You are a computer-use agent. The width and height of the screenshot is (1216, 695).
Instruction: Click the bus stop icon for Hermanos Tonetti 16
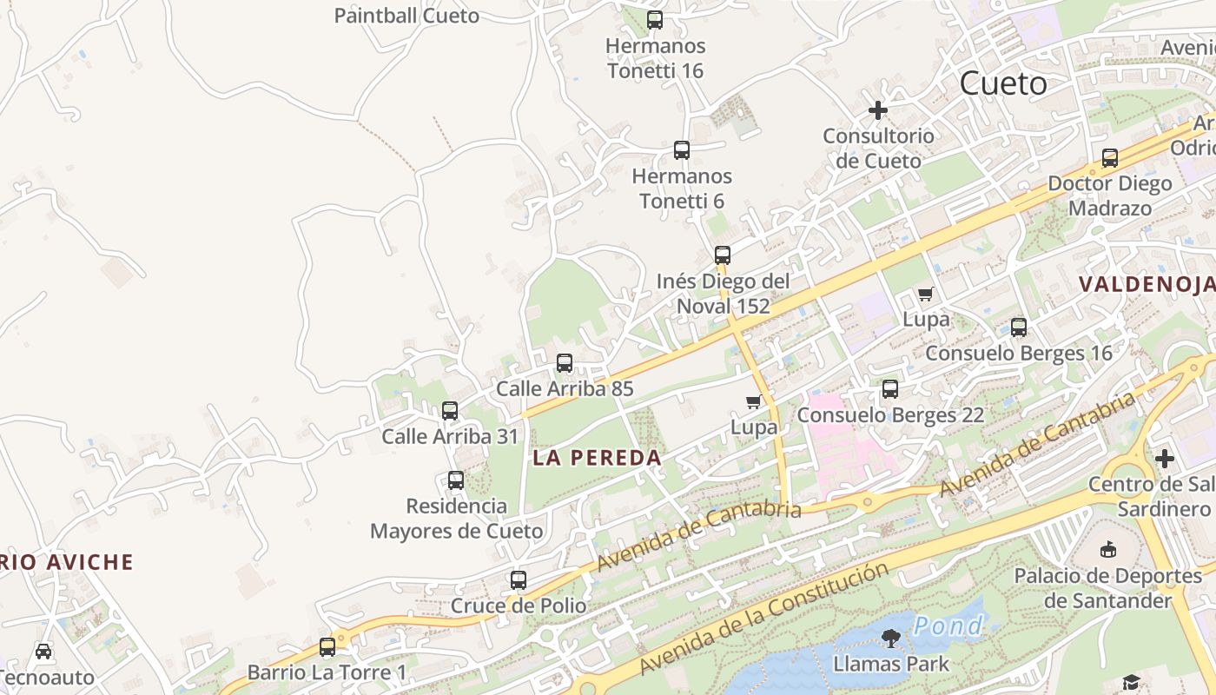pos(655,19)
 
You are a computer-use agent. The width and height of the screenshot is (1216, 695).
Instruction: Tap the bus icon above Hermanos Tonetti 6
pos(682,150)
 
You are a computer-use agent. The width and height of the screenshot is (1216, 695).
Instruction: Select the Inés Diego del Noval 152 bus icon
pos(723,255)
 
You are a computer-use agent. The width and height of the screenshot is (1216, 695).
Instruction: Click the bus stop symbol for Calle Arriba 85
pos(565,363)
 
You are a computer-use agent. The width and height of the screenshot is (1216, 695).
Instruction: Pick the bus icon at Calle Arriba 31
pos(450,411)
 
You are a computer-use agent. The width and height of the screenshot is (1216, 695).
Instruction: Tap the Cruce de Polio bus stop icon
pos(519,579)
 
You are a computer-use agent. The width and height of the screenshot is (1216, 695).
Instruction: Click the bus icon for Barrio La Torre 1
pos(327,647)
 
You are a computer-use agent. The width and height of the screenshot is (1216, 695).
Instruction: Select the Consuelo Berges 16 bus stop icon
pos(1019,328)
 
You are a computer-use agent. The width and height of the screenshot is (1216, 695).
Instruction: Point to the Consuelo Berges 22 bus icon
pos(890,389)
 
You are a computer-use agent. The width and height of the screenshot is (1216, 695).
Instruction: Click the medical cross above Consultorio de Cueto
pos(878,110)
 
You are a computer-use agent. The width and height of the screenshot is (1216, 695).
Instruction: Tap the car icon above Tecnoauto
pos(43,651)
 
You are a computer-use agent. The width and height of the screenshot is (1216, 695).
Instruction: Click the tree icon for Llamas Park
pos(890,639)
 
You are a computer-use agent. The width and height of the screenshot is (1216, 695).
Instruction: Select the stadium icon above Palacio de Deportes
pos(1108,549)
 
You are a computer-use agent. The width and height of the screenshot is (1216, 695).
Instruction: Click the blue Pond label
pos(948,625)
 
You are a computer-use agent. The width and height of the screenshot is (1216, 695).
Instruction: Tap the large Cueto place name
pos(1003,83)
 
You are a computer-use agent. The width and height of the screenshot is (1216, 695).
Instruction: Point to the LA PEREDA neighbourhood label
pos(597,458)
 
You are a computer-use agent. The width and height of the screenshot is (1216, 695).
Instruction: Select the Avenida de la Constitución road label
pos(764,619)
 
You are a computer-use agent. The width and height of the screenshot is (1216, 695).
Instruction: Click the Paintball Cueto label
pos(406,16)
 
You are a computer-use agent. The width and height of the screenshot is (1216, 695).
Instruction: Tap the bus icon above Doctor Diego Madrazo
pos(1110,158)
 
